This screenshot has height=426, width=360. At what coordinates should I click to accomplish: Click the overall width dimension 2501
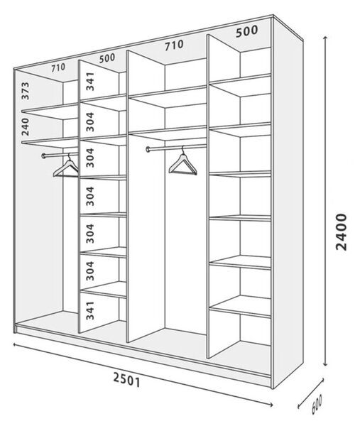(x=126, y=380)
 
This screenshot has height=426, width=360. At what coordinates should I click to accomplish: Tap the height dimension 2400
(x=342, y=231)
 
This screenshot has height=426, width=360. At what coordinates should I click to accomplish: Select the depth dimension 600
(x=317, y=404)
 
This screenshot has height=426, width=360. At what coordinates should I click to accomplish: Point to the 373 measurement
(x=25, y=91)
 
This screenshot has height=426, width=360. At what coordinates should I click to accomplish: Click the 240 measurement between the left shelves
(x=25, y=127)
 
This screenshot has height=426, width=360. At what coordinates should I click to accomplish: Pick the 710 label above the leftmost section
(x=58, y=67)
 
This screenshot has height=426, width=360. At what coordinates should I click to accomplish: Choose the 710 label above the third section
(x=174, y=45)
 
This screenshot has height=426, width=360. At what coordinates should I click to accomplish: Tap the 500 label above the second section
(x=107, y=58)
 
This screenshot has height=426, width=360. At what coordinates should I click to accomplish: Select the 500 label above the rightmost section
(x=246, y=31)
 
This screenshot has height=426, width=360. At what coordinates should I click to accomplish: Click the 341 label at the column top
(x=90, y=81)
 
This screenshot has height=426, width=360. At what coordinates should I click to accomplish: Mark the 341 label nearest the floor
(x=90, y=310)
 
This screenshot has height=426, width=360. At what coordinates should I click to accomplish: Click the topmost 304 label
(x=90, y=121)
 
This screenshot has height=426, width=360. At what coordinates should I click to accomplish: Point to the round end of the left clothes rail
(x=43, y=156)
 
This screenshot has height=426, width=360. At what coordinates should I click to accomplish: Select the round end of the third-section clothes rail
(x=148, y=149)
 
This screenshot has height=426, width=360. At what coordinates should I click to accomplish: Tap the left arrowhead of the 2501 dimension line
(x=15, y=344)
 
